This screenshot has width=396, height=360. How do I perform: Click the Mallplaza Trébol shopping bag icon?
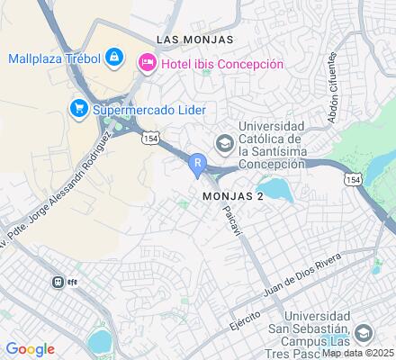tap(114, 59)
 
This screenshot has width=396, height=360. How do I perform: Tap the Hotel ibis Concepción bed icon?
tap(145, 64)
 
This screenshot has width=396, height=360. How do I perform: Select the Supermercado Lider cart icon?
tap(79, 109)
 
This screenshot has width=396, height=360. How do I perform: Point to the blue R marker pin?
tap(197, 164)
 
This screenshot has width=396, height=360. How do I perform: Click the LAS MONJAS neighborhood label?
tap(194, 40)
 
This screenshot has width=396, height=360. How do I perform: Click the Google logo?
tap(30, 349)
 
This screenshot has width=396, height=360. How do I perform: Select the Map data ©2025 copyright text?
tap(358, 353)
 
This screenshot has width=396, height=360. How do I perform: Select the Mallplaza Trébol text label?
tap(53, 59)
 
